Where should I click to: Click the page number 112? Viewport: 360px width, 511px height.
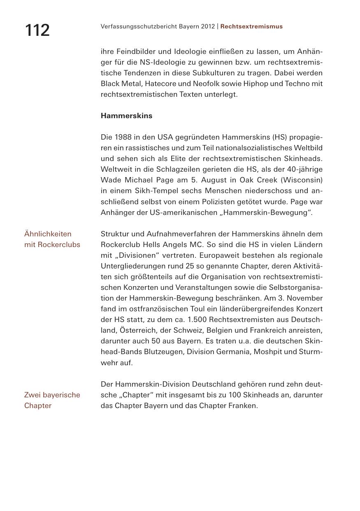37,30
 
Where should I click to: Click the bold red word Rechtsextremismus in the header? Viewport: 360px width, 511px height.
251,26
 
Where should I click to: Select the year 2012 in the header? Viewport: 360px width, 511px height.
208,26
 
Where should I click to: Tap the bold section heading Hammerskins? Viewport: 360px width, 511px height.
126,116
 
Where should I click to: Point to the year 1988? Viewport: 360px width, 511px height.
123,137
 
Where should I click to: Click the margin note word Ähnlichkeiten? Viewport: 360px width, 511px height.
48,234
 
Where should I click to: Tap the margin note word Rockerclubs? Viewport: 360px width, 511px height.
59,245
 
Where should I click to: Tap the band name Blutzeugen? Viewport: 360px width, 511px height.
160,352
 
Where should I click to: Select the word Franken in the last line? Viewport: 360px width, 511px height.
244,406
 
